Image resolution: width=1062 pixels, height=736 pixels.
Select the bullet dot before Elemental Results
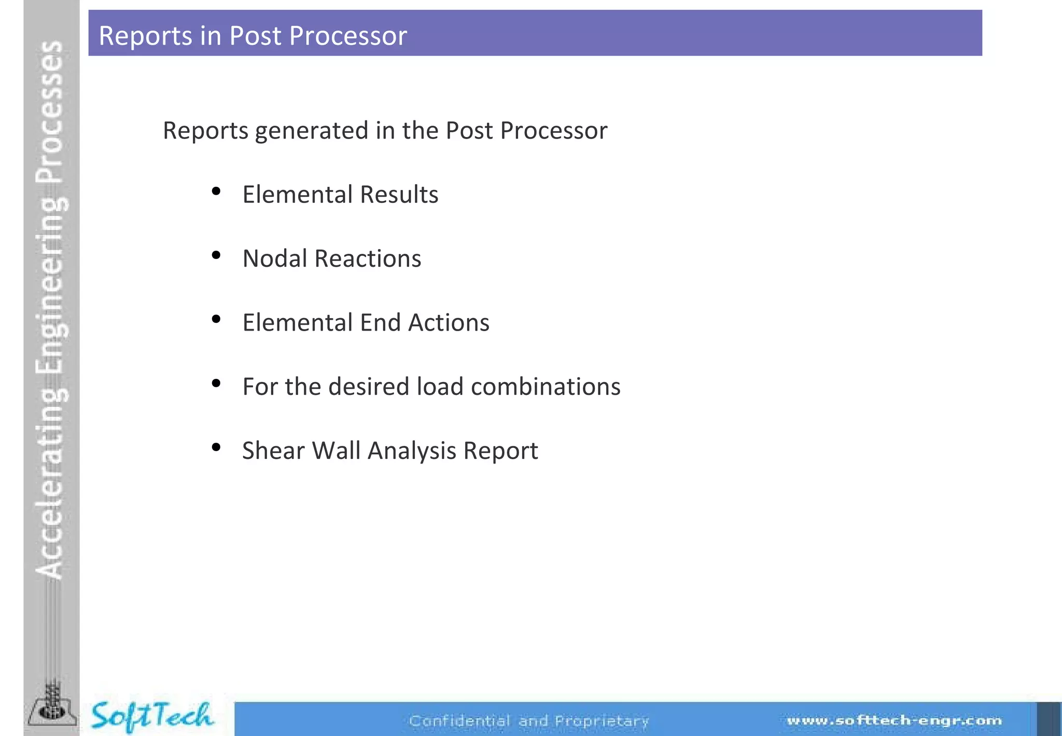(x=216, y=192)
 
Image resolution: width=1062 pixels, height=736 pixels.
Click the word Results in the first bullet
(x=399, y=195)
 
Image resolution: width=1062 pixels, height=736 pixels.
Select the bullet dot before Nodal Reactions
(x=216, y=255)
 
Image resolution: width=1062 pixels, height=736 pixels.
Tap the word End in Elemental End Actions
(x=380, y=322)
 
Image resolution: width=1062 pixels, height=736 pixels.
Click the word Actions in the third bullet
(x=449, y=322)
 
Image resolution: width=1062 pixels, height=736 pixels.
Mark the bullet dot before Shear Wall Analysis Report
(x=216, y=447)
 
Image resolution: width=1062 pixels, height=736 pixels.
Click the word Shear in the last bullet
(x=273, y=451)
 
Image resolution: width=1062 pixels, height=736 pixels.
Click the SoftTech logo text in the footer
(x=151, y=716)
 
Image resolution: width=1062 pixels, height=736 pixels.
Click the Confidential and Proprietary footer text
(x=528, y=721)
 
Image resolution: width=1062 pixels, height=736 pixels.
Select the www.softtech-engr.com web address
(x=894, y=720)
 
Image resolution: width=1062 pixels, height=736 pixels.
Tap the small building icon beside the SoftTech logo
(x=51, y=707)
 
